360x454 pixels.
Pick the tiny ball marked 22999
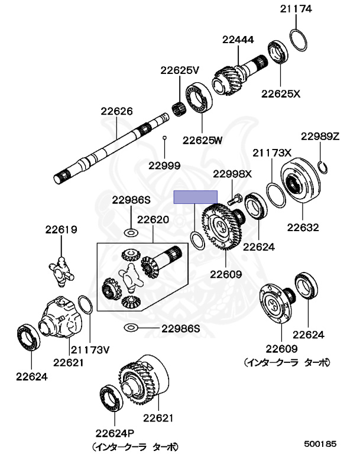point(166,138)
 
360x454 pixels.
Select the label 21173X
point(273,153)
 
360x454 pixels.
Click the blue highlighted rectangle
point(195,197)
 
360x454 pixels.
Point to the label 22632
point(303,227)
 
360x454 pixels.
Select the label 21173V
point(90,350)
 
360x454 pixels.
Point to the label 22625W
point(202,140)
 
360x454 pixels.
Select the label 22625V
point(180,70)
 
